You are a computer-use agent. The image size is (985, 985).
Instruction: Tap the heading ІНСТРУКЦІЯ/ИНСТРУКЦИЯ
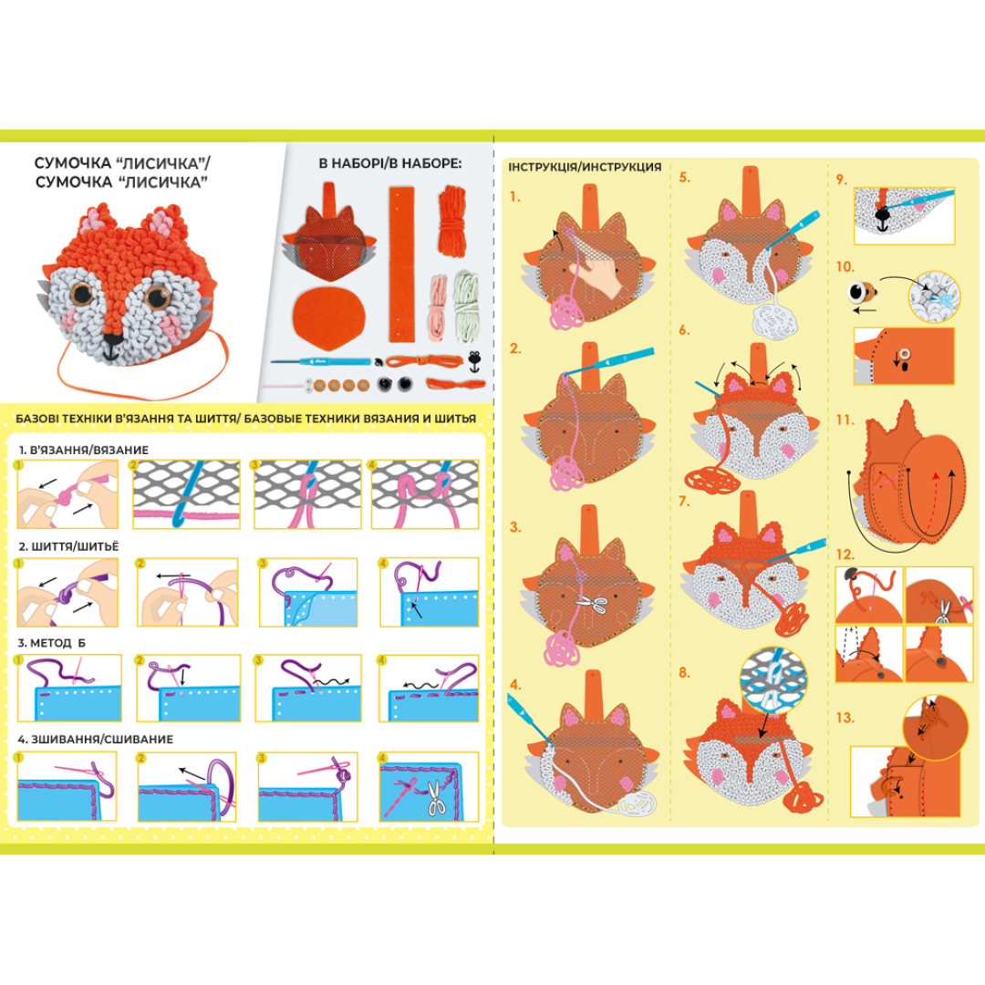pos(585,167)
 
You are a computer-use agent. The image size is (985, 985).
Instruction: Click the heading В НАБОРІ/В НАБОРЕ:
pos(390,163)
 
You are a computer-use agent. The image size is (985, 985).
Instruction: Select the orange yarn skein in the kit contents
pos(451,221)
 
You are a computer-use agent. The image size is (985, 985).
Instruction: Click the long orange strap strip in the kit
pos(401,264)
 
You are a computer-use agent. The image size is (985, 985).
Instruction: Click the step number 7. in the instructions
pos(684,502)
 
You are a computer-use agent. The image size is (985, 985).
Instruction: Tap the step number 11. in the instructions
pos(845,420)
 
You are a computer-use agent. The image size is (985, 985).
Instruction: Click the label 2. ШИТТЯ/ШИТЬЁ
pos(68,546)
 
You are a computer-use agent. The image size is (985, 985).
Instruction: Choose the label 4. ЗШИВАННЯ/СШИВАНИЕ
pos(96,740)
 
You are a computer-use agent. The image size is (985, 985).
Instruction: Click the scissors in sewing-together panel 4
pos(435,798)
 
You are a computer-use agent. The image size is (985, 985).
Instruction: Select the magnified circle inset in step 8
pos(772,681)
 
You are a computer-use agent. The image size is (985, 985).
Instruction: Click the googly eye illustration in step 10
pos(861,292)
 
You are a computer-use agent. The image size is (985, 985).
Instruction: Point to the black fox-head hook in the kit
pos(474,361)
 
